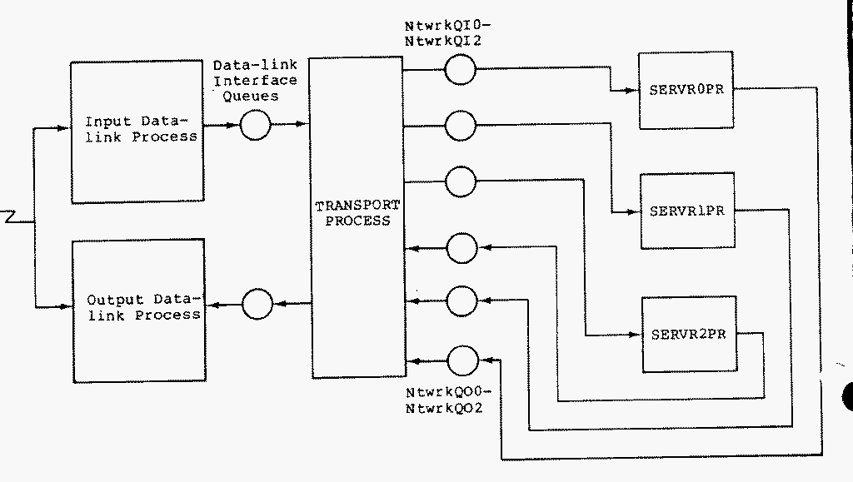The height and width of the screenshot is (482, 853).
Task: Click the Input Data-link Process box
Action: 137,131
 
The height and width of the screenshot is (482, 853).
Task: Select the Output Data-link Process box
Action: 138,310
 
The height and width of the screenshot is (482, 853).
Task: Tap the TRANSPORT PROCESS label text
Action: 357,213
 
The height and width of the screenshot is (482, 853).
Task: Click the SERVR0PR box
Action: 686,90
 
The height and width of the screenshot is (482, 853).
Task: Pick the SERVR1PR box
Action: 686,211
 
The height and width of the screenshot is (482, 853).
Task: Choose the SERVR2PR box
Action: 688,335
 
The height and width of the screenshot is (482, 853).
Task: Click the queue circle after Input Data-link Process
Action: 256,127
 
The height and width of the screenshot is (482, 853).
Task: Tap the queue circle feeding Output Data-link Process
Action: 256,305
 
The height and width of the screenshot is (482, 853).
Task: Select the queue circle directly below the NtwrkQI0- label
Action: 460,71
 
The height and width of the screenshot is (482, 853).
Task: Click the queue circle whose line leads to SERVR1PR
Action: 460,127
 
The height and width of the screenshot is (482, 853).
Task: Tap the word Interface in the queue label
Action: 255,80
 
